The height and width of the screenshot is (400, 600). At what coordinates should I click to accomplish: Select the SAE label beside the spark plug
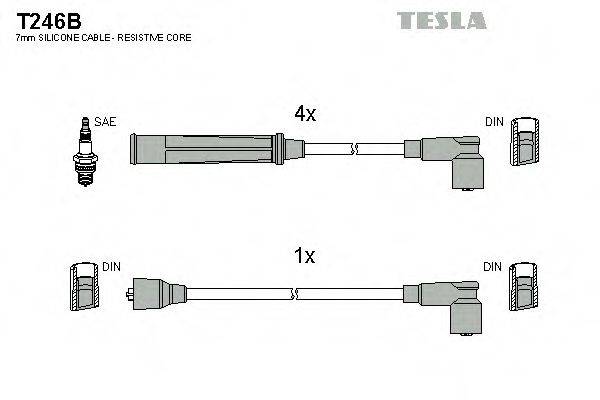coord(106,122)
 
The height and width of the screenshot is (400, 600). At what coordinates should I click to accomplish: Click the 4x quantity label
coord(304,115)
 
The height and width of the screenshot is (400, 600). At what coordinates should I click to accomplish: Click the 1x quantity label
coord(304,257)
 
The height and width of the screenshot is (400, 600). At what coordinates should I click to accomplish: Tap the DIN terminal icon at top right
coord(524,145)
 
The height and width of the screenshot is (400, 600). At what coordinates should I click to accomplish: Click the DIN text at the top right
coord(494,122)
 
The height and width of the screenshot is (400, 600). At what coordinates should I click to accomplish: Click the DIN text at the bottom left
coord(112,267)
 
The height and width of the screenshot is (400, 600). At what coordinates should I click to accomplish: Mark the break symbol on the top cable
coord(353,149)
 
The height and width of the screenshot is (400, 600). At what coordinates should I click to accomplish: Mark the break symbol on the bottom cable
coord(296,294)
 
